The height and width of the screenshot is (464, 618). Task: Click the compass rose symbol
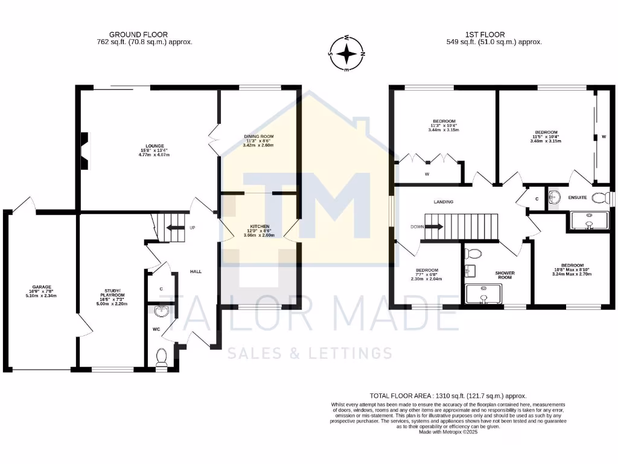pos(346,54)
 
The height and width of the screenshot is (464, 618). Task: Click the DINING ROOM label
pos(258,137)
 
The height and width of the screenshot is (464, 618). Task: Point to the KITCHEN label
pos(258,227)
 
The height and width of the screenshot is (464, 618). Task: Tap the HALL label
pos(196,271)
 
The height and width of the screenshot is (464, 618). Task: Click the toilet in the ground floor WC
pos(161,358)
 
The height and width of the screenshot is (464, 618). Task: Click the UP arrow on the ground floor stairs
pos(176,228)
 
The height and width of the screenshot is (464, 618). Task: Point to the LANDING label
pos(443,202)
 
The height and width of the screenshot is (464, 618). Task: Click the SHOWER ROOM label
pos(505,275)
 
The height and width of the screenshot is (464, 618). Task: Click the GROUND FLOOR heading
pos(138,34)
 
